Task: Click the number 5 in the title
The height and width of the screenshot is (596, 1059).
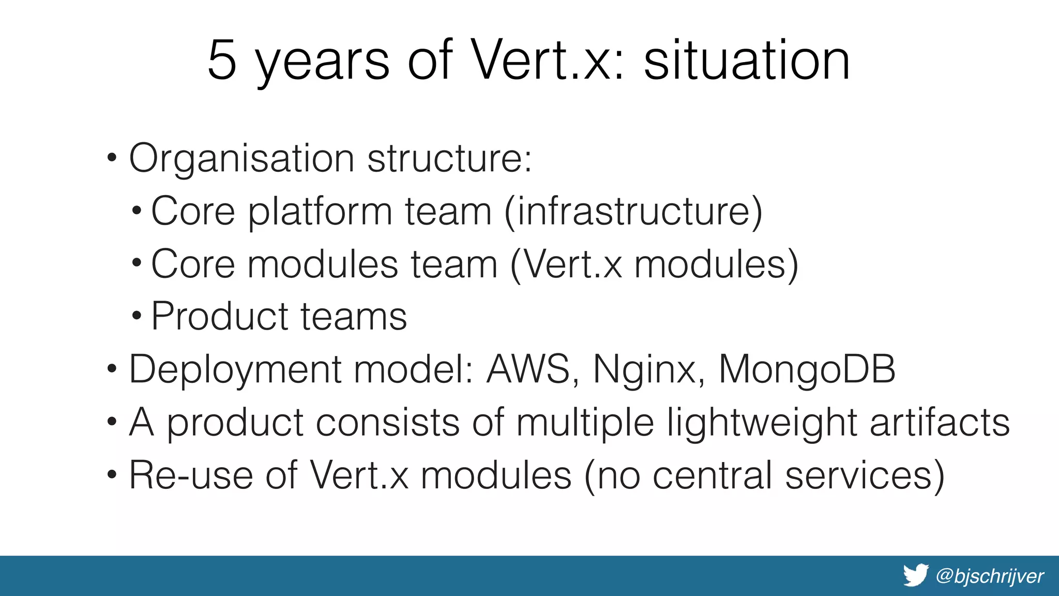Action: pyautogui.click(x=222, y=61)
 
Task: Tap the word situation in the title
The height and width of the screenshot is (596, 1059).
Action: pyautogui.click(x=747, y=61)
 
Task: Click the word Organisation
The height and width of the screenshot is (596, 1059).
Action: pyautogui.click(x=241, y=158)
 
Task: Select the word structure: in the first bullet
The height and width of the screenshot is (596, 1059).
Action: pyautogui.click(x=449, y=158)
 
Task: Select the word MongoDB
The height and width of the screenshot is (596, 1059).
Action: pyautogui.click(x=807, y=369)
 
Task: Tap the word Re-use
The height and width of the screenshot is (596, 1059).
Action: pyautogui.click(x=191, y=475)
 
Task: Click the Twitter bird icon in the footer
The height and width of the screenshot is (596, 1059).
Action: pyautogui.click(x=916, y=575)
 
